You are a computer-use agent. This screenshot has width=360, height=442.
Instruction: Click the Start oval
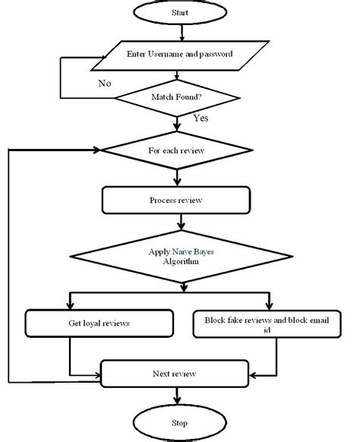click(x=180, y=12)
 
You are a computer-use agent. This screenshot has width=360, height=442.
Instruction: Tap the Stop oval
click(x=180, y=423)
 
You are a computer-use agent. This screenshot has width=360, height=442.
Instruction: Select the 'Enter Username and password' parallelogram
click(x=180, y=55)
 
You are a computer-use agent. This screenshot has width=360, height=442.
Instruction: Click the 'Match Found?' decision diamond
click(x=177, y=98)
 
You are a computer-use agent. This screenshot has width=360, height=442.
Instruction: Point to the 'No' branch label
click(x=105, y=83)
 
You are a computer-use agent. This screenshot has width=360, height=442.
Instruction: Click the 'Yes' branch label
click(x=201, y=118)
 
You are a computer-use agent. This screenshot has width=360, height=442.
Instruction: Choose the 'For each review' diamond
click(x=177, y=150)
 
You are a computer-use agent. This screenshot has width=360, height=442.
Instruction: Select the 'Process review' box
click(x=176, y=200)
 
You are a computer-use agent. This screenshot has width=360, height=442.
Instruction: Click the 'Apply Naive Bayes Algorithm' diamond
click(x=182, y=257)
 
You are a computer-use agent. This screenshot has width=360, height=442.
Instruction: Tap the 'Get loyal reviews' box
click(x=99, y=323)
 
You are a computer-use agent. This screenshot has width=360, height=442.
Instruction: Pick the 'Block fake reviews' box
click(x=267, y=324)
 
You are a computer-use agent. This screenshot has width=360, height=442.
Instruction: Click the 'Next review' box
click(x=175, y=374)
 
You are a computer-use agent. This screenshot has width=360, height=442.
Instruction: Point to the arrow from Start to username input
click(x=182, y=33)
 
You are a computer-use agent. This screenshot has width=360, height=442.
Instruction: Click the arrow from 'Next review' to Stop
click(x=177, y=396)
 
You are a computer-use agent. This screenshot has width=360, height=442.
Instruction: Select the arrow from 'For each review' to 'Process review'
click(x=177, y=178)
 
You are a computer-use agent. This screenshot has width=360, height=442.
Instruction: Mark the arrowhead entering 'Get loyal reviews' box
click(x=70, y=306)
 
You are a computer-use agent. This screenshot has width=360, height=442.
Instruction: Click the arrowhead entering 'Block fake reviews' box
click(x=269, y=306)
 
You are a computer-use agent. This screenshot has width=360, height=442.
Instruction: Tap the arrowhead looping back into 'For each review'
click(x=97, y=150)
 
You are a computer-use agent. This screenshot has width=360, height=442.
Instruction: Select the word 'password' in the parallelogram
click(x=216, y=54)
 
